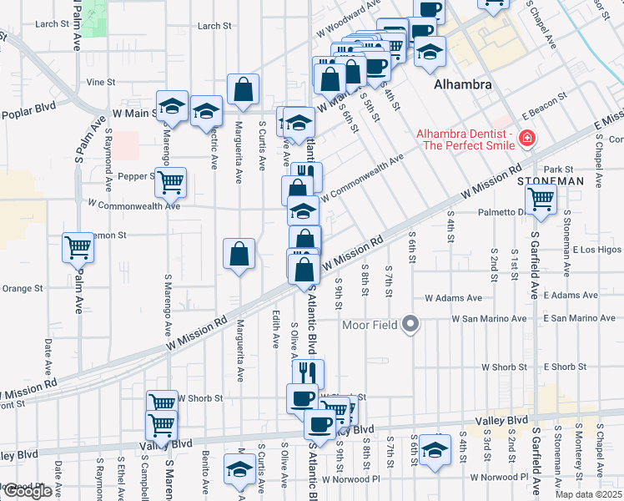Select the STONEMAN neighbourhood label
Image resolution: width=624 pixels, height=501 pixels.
click(x=546, y=180)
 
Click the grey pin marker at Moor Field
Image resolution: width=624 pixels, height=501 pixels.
click(x=410, y=323)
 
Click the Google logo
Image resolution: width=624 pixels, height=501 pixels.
click(x=27, y=491)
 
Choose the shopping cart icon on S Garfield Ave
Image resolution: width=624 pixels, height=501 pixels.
click(x=541, y=200)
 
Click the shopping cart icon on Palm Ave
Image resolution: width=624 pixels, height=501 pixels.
click(x=78, y=247)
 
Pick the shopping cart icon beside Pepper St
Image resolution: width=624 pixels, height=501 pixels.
click(x=171, y=181)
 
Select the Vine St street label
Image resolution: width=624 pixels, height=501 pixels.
click(x=100, y=83)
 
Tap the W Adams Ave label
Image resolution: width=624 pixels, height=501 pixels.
click(x=453, y=297)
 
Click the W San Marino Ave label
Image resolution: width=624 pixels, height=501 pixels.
click(x=489, y=318)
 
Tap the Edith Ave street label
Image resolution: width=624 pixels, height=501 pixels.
click(x=274, y=331)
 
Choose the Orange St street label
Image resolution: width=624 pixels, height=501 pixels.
click(x=22, y=289)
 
